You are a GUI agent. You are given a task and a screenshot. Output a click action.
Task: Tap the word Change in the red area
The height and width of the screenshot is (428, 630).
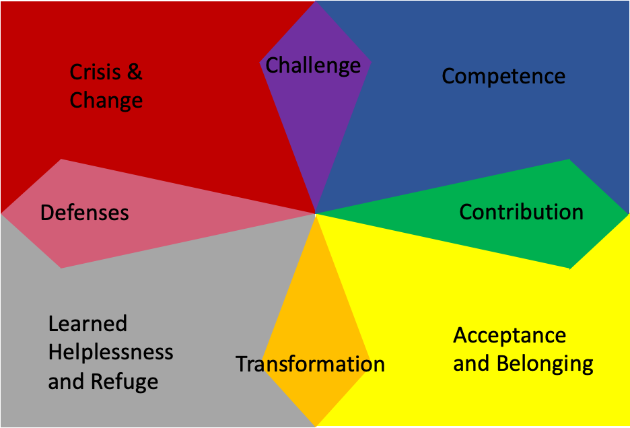106,101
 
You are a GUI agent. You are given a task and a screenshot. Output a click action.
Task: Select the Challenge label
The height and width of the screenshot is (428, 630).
313,66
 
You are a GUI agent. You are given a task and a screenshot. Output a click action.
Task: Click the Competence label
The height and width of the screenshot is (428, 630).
503,76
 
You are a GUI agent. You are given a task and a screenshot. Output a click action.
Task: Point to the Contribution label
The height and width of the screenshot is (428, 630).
521,212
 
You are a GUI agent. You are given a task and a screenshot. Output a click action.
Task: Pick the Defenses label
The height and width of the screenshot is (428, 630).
84,213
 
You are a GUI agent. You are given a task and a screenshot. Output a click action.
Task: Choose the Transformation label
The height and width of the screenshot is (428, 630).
310,364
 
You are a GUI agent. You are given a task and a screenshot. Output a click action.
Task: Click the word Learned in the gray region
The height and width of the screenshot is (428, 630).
87,324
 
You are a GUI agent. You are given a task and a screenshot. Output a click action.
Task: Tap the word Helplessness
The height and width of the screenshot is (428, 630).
111,352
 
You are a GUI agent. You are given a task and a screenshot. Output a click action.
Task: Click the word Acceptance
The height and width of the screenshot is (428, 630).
510,335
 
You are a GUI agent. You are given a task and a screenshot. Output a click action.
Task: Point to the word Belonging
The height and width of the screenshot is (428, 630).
545,364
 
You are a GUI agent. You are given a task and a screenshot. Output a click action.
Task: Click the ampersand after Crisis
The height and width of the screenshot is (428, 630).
135,72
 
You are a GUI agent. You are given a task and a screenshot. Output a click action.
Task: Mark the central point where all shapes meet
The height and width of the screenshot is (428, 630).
315,214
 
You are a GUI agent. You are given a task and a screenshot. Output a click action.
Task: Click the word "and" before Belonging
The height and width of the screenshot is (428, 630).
471,364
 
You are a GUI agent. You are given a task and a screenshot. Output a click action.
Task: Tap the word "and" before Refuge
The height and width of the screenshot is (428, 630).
66,382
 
